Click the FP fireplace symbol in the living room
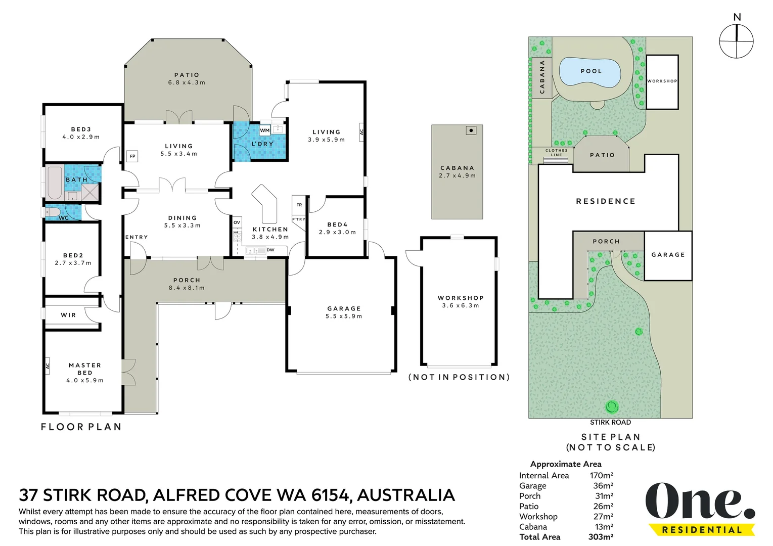(132, 156)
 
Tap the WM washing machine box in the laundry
(265, 130)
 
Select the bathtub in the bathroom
(55, 184)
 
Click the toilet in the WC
(53, 212)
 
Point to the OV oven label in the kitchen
(237, 222)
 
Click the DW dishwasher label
(270, 250)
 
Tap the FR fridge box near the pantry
(299, 205)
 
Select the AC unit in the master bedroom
(48, 366)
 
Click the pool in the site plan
(590, 72)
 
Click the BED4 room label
(338, 224)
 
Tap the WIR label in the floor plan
(68, 315)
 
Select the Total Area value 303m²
(601, 537)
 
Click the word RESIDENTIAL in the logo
(702, 530)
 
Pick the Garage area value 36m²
(603, 486)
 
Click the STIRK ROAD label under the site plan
(611, 422)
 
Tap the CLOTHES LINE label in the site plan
(556, 153)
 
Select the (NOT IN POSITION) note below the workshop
(459, 377)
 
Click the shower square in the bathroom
(89, 192)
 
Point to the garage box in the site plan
(668, 255)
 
